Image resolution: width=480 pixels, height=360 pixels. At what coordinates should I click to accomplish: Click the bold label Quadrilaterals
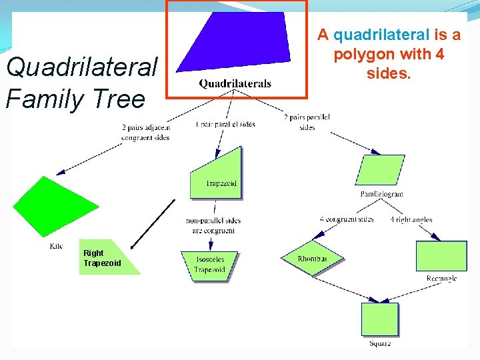[235, 83]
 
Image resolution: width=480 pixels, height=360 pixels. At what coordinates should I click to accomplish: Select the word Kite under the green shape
[56, 246]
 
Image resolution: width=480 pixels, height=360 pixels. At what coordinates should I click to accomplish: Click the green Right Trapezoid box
[107, 257]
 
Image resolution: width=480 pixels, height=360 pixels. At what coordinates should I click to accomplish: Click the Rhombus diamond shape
[311, 258]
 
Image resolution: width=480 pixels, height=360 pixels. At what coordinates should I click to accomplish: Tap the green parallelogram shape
[381, 170]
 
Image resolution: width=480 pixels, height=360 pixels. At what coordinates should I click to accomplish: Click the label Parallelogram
[381, 194]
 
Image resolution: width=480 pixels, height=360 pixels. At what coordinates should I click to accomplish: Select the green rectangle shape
[441, 256]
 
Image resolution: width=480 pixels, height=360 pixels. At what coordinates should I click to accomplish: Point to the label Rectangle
[441, 278]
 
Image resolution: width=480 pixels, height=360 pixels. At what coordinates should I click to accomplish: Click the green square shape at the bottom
[379, 319]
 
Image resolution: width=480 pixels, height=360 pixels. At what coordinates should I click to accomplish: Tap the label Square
[380, 343]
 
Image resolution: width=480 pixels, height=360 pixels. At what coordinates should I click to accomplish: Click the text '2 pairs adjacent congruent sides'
[145, 132]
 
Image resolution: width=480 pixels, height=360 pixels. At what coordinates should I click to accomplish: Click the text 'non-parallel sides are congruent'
[213, 225]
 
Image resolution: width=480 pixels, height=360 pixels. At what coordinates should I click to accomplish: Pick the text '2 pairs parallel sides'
[307, 122]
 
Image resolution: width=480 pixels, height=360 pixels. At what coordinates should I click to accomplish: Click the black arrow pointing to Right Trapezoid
[153, 223]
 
